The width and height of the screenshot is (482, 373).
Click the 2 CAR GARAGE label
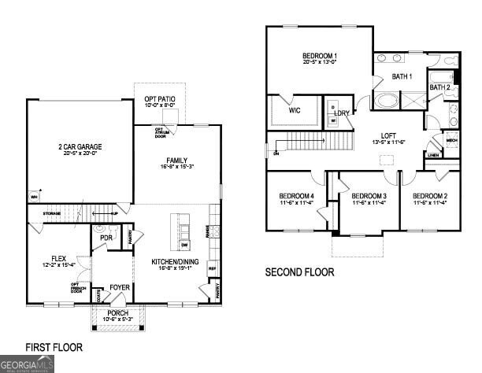79,147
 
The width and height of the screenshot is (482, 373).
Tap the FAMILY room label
176,161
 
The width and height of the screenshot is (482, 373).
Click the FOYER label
120,287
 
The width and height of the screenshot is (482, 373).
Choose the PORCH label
117,313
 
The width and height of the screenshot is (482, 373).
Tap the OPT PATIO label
160,99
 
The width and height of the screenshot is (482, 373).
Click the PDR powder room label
106,238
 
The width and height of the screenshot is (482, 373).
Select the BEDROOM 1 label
320,56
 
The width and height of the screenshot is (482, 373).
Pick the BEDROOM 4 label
296,196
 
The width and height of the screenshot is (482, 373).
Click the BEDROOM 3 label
368,196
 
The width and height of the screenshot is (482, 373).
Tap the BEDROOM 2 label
430,196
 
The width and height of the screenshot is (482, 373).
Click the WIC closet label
295,111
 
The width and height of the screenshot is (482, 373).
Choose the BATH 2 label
439,87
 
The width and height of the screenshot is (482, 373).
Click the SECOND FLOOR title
298,272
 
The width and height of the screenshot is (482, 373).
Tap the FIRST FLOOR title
54,346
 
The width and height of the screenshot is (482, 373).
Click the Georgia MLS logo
27,364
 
